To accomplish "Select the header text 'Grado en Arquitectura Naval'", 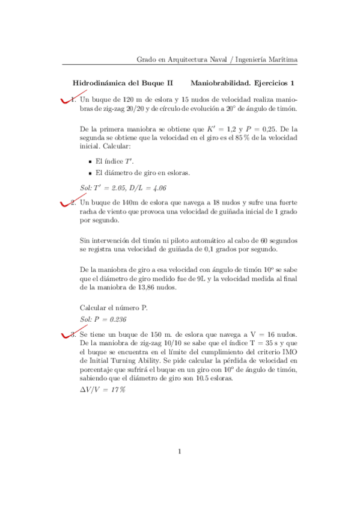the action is (x=182, y=59).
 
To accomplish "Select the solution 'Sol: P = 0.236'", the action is (x=103, y=319).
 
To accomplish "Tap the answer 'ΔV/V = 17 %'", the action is (x=102, y=390).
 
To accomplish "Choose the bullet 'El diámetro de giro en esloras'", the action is (x=142, y=173).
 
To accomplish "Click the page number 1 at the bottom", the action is (x=180, y=452).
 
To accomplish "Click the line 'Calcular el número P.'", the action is (x=114, y=307).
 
